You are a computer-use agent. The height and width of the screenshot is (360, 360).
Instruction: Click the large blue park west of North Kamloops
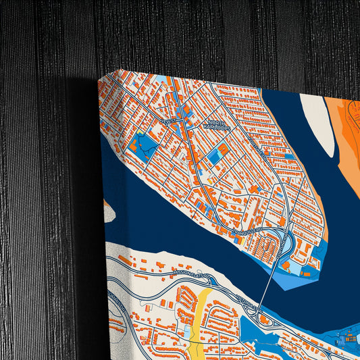tap(143, 144)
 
